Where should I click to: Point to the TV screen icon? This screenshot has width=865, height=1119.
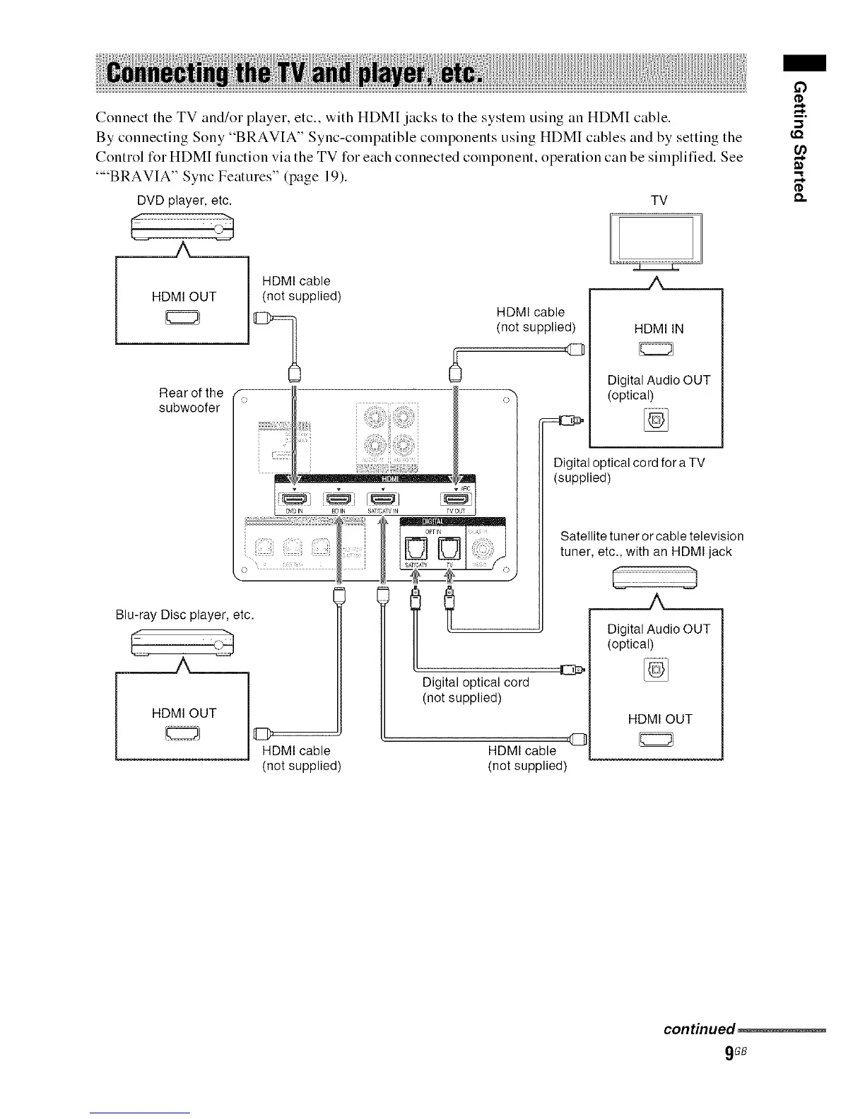(656, 239)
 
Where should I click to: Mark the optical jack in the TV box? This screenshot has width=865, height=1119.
(657, 422)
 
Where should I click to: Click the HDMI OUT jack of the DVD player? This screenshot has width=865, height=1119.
(183, 319)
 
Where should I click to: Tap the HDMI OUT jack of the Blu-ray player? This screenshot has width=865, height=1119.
(183, 735)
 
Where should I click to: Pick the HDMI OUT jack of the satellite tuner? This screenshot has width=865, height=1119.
(657, 740)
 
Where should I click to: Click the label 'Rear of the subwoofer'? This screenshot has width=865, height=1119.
(190, 401)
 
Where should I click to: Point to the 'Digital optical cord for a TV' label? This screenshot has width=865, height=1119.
(629, 470)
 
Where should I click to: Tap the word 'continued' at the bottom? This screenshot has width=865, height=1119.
(700, 1028)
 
